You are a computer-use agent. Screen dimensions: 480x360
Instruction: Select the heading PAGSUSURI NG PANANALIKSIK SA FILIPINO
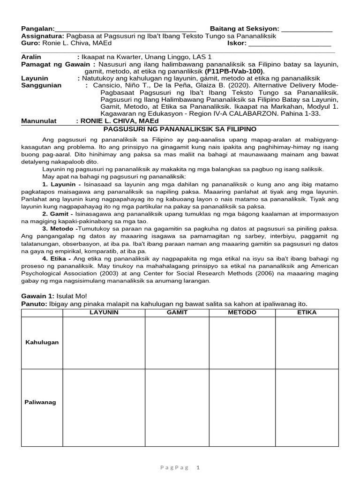[x=180, y=128]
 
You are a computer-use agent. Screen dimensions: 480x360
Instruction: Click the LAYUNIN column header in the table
[x=104, y=312]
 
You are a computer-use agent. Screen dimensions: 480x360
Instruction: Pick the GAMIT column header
[x=177, y=312]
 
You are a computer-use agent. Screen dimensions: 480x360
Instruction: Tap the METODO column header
[x=242, y=312]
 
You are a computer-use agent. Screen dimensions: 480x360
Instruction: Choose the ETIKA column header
[x=307, y=312]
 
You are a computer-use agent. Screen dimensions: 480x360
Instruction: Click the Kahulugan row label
[x=42, y=343]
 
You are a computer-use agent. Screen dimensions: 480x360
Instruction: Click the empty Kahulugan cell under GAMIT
[x=177, y=343]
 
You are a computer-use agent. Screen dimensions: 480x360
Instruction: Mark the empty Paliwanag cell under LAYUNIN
[x=104, y=407]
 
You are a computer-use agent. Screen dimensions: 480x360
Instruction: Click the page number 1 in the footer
[x=198, y=467]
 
